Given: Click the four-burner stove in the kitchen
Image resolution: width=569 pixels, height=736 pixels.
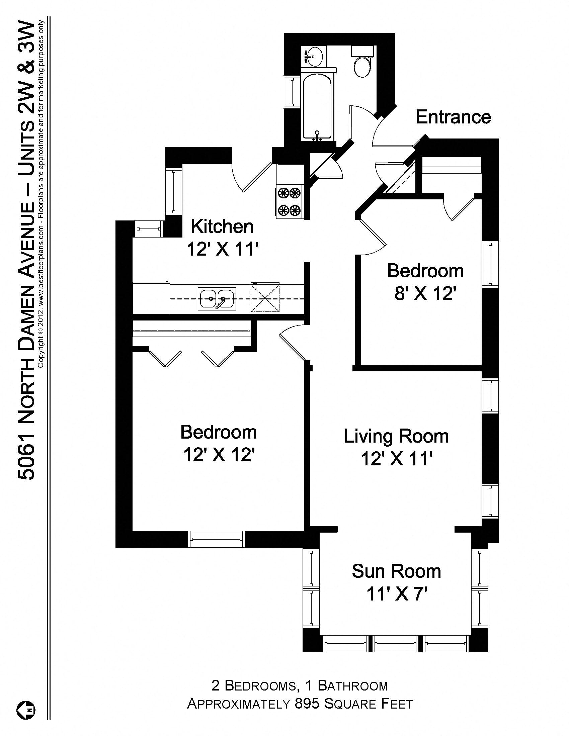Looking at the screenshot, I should pyautogui.click(x=289, y=201).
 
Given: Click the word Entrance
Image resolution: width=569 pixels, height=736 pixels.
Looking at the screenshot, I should pyautogui.click(x=453, y=117).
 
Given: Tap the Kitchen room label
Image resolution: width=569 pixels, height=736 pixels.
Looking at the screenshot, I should pyautogui.click(x=222, y=226).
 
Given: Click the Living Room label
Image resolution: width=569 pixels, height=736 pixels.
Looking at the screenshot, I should pyautogui.click(x=396, y=436).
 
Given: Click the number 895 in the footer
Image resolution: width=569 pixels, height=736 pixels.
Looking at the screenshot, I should pyautogui.click(x=306, y=704).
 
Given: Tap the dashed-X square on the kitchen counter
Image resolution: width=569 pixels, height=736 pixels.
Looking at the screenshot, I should pyautogui.click(x=265, y=298).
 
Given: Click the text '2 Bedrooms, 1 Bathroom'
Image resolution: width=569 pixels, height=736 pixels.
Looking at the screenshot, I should pyautogui.click(x=299, y=686).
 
